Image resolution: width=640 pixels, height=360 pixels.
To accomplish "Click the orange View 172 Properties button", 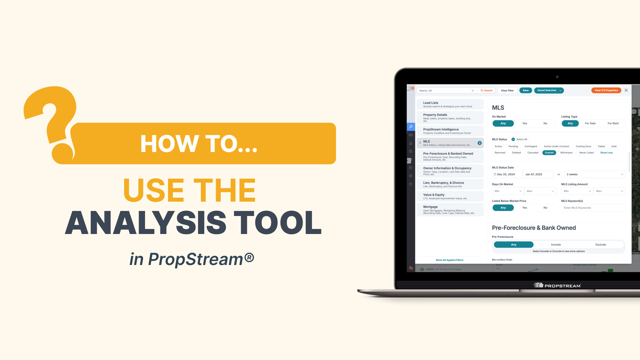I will coord(606,90).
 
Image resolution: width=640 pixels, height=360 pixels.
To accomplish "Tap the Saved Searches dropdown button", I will coord(549,90).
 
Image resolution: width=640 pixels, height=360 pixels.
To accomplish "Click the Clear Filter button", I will coord(507,91).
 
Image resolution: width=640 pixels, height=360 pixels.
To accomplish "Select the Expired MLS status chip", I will coord(549,153).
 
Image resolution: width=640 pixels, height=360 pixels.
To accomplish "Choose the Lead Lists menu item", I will coord(450,104).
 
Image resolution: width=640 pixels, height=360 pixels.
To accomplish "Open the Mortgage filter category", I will coord(450,210).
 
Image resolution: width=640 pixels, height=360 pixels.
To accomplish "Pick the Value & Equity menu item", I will coord(450,196).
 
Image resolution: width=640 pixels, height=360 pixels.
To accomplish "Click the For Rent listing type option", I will coord(613,123).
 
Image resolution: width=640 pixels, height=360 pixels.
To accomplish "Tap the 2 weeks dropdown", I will coord(595,174).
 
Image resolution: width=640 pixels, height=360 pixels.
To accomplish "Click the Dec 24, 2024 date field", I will coord(506,174).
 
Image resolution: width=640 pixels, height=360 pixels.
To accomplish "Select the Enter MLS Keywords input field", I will coord(593,208).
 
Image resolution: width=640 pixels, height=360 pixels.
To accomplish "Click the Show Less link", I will coord(606,153).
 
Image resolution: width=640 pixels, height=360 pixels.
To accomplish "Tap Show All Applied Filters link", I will coord(449,260).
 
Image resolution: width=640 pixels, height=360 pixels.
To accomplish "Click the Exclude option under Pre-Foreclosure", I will coord(600,245).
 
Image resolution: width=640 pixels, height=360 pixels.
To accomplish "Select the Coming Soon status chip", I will coord(583,146).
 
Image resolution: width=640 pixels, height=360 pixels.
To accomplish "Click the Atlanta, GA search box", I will coord(445,91).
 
